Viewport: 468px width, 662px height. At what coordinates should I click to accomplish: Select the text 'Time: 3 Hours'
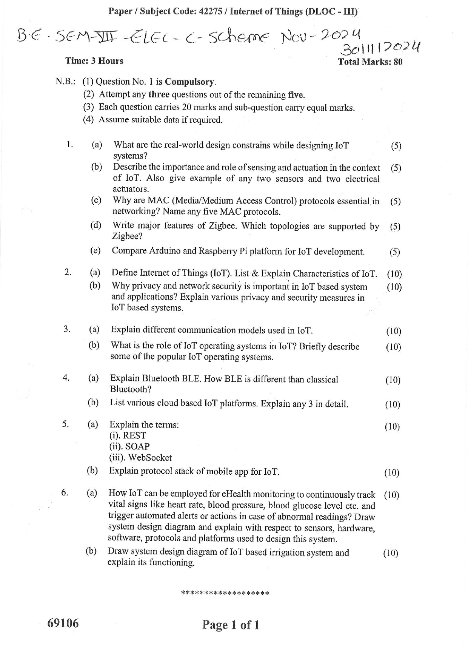pyautogui.click(x=94, y=61)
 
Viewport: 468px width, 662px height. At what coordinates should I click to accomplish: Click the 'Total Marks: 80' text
pyautogui.click(x=370, y=62)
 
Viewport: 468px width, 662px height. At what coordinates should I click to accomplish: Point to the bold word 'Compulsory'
pyautogui.click(x=190, y=82)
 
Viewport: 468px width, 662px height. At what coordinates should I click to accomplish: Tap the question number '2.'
pyautogui.click(x=68, y=272)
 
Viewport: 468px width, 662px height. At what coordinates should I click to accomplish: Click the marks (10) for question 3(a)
pyautogui.click(x=393, y=331)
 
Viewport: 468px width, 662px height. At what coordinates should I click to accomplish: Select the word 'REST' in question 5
pyautogui.click(x=134, y=435)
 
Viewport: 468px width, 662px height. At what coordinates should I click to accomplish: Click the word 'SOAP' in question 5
pyautogui.click(x=137, y=446)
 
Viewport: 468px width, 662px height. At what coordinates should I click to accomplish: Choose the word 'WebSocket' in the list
pyautogui.click(x=150, y=458)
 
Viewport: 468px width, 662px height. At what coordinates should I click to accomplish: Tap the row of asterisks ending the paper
pyautogui.click(x=225, y=593)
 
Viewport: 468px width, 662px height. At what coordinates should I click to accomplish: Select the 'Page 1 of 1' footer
pyautogui.click(x=231, y=625)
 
